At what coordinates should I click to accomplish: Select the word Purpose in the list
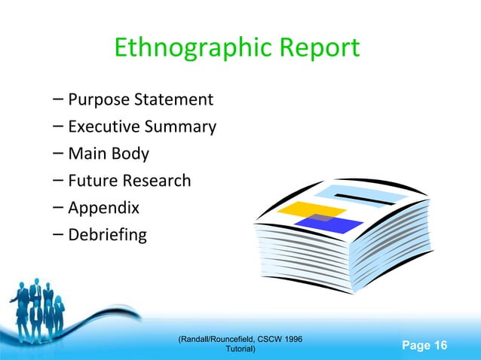coord(97,99)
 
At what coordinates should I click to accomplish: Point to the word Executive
coord(100,127)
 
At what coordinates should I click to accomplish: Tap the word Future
coord(93,181)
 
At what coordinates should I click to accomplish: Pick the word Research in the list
coord(158,181)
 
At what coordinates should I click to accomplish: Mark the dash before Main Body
coord(59,154)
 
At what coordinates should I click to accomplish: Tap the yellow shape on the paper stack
coord(299,209)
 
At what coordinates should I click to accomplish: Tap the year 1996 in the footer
coord(292,340)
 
